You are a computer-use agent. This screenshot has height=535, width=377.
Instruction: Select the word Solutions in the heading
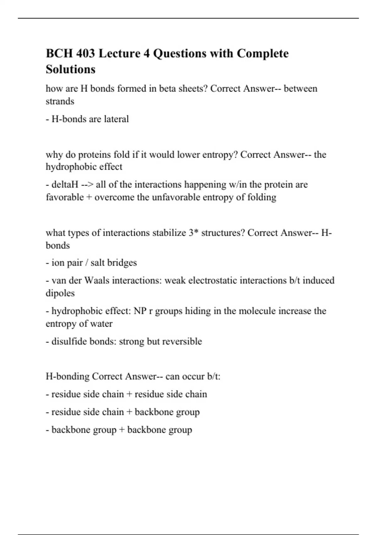[x=70, y=69]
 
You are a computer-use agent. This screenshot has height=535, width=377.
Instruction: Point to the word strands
[x=60, y=101]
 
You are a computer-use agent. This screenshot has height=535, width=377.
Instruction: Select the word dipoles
[x=60, y=293]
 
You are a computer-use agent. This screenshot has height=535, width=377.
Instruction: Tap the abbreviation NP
[x=140, y=311]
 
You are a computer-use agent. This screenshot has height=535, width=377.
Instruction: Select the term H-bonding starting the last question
[x=68, y=376]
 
